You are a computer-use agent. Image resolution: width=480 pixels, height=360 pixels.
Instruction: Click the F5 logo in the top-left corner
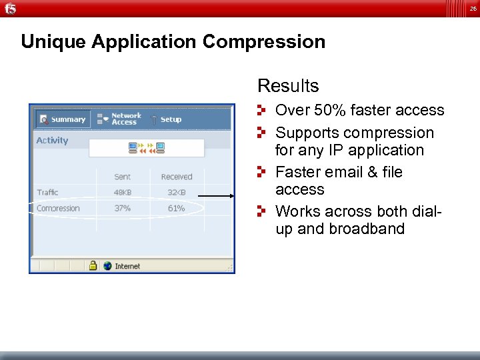coord(11,8)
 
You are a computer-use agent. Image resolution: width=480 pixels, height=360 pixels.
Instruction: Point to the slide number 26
coord(473,9)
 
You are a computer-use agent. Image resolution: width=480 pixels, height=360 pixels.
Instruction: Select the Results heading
coord(288,86)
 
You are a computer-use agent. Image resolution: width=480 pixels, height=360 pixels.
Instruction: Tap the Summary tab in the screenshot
coord(62,119)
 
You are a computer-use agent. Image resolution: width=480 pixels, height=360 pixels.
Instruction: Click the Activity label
coord(52,141)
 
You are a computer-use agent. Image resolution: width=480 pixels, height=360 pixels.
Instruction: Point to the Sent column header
coord(123,177)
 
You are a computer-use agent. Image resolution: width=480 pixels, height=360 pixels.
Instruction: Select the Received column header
coord(176,177)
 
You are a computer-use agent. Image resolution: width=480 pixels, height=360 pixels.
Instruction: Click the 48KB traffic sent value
coord(123,193)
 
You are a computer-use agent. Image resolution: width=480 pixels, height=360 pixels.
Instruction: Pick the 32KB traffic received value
coord(176,193)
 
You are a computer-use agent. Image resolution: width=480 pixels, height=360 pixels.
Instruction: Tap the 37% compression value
coord(123,209)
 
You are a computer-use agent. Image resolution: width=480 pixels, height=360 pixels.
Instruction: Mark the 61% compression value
coord(176,209)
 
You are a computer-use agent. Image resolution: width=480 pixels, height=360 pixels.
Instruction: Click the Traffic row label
coord(47,193)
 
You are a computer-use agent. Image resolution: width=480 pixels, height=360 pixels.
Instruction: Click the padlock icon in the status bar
coord(93,265)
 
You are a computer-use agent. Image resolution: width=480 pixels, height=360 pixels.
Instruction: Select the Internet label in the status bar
coord(127,266)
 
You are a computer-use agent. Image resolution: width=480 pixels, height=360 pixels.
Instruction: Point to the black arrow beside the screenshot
coord(217,196)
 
